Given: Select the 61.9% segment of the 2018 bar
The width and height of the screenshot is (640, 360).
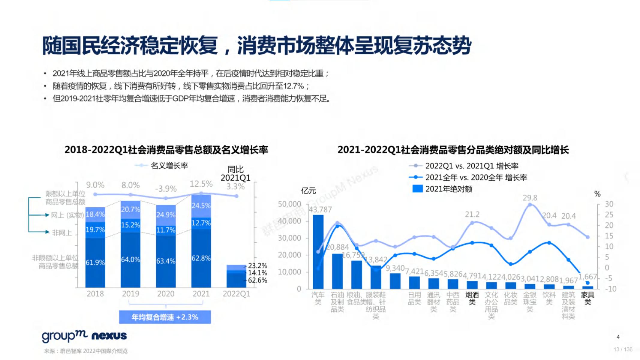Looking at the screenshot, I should point(95,262).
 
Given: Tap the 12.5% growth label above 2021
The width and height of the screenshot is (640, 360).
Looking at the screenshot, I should point(201,184).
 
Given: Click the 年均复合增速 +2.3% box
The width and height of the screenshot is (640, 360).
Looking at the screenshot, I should point(165,317).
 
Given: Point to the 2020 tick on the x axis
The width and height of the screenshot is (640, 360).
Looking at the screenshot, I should point(166,294).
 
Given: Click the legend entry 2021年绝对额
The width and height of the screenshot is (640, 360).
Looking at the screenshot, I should point(443,189).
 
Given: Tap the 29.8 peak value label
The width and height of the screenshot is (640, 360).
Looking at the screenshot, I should point(530,198).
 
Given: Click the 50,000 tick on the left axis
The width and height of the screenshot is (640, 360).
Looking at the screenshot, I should point(289,204).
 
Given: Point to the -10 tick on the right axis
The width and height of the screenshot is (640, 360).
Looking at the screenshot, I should point(610,289).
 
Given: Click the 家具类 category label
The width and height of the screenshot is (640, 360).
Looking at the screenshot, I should point(587,298).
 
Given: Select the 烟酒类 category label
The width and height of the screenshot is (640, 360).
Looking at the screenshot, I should point(472,298).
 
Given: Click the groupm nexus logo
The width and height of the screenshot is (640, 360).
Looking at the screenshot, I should point(84,336).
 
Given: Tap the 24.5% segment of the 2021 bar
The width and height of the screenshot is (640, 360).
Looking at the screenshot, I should point(201,206).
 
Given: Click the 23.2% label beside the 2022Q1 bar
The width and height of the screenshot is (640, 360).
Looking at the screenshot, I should point(257,266).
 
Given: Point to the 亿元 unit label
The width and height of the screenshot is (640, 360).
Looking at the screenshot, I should point(308,191).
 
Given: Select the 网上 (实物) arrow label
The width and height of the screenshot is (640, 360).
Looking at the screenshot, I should point(67,215).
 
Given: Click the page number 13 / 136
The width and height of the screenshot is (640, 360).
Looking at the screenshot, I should point(623,349).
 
